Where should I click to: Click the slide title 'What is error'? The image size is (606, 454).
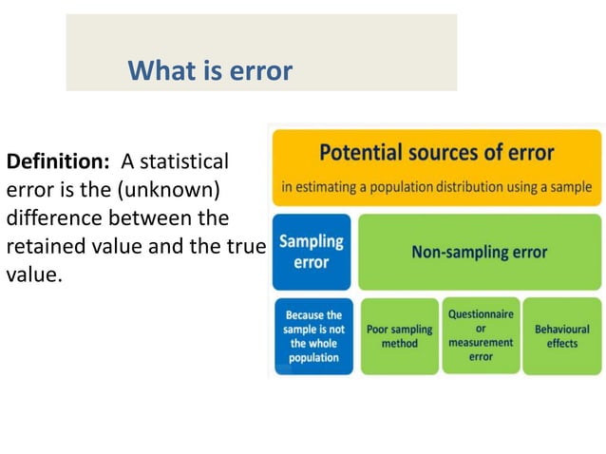[210, 70]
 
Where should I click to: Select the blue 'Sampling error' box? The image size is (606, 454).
[312, 252]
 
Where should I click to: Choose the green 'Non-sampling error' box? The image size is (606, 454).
[479, 253]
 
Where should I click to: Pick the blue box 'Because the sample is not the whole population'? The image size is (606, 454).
[313, 336]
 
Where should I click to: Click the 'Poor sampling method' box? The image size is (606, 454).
[399, 336]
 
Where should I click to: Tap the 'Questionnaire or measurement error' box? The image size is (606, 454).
[481, 335]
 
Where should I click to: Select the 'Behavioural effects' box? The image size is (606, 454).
[561, 336]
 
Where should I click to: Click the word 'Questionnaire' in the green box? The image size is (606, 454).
[481, 314]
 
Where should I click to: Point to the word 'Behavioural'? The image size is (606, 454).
[561, 330]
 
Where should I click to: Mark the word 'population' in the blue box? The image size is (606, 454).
[313, 358]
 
